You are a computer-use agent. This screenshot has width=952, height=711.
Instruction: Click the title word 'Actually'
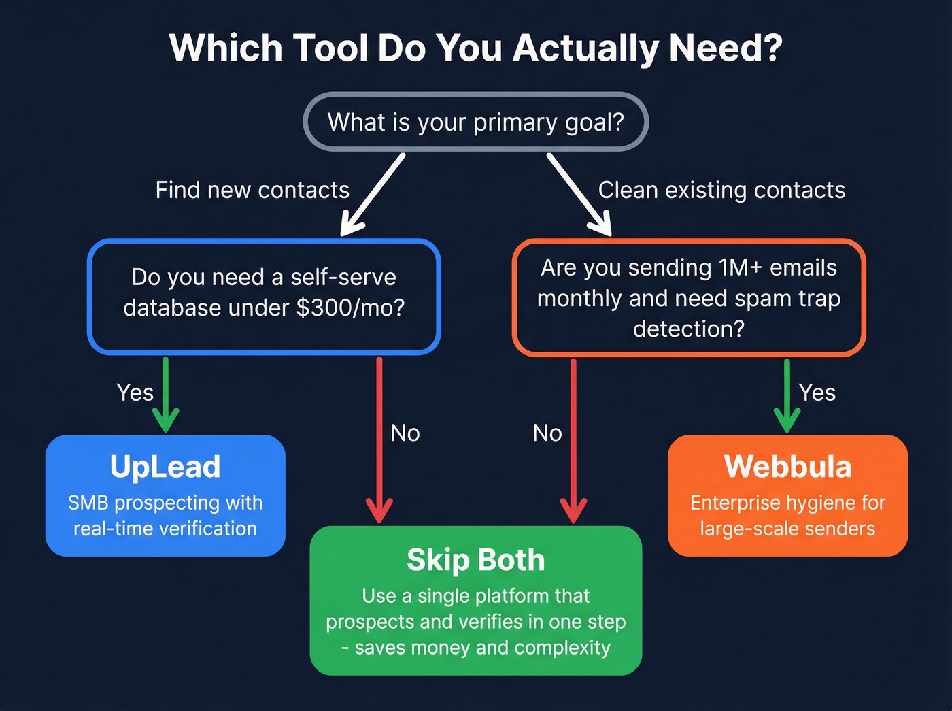pos(585,49)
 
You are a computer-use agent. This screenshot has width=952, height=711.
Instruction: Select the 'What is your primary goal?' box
pos(475,122)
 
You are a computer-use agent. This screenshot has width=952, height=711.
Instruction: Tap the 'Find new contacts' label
pos(252,190)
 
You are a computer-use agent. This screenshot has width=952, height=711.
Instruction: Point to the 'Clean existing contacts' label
pos(721,190)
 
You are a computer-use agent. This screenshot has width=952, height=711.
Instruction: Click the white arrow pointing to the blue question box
pos(373,195)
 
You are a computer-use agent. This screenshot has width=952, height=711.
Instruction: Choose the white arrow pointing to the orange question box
pos(579,195)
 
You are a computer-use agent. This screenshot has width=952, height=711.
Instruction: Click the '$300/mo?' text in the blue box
pos(350,308)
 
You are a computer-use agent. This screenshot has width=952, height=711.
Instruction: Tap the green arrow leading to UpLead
pos(165,395)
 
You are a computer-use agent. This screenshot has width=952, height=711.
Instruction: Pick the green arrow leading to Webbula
pos(787,395)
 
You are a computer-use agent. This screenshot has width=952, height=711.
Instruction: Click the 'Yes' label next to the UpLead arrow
pos(135,393)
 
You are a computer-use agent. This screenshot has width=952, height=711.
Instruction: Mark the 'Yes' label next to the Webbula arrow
pos(817,393)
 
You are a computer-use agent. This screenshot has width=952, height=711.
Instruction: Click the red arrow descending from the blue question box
pos(379,439)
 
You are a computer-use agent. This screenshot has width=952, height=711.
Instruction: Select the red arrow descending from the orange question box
pos(573,439)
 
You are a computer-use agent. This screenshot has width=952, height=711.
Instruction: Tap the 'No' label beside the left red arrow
pos(405,433)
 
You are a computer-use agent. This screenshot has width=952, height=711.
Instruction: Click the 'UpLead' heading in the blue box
pos(165,467)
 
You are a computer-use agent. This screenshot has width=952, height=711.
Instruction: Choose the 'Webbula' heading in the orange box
pos(787,467)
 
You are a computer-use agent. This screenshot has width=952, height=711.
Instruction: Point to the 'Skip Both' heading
pos(475,560)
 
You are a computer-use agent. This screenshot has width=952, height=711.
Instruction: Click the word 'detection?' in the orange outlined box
pos(688,329)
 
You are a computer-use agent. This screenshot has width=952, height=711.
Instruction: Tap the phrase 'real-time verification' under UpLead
pos(165,529)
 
